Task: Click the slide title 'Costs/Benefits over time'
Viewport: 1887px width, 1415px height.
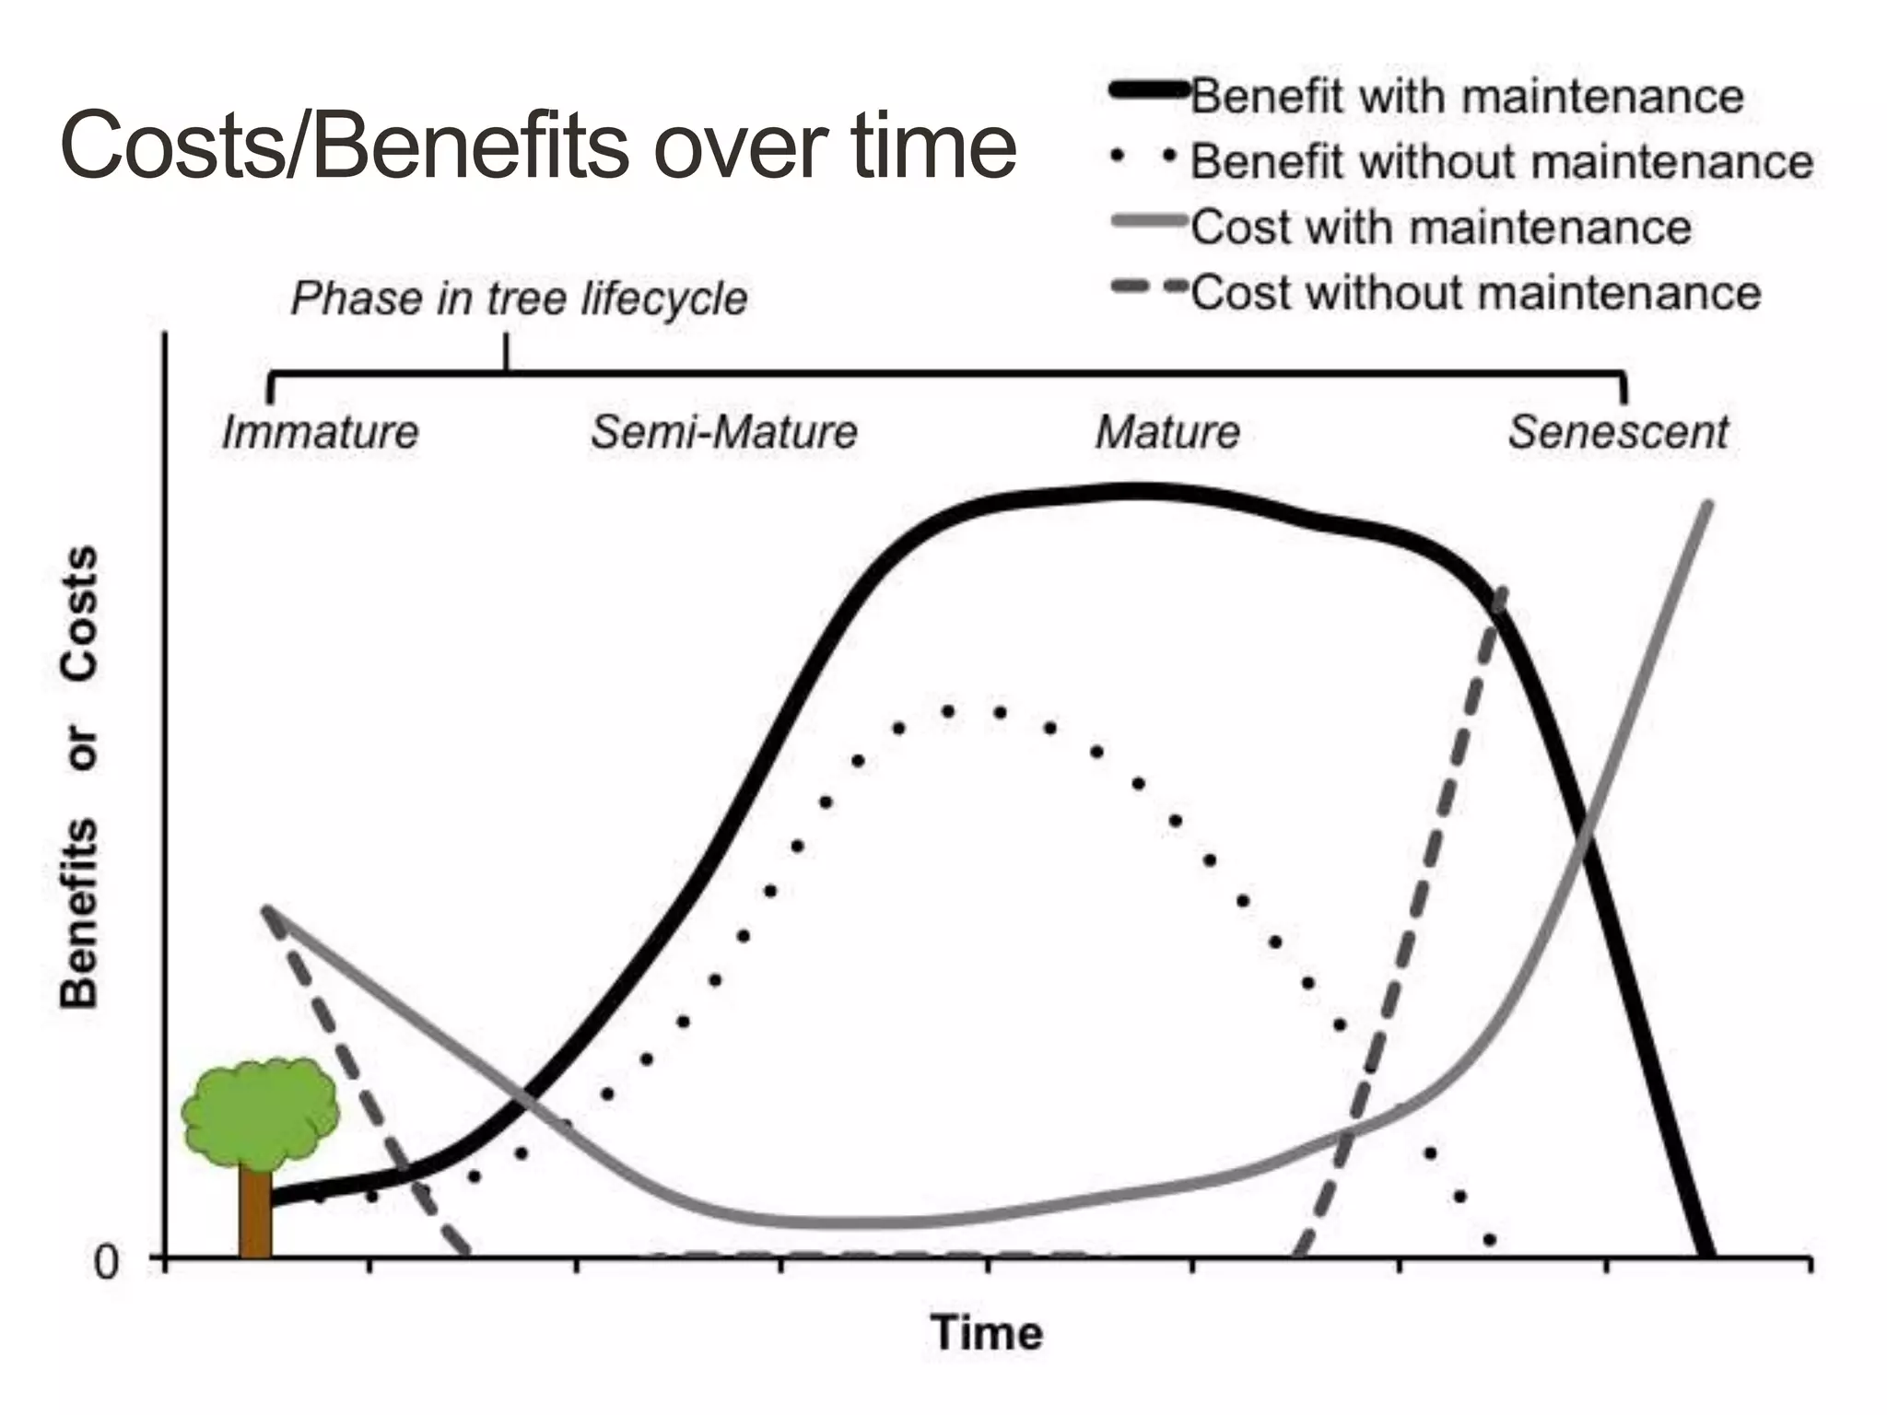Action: coord(538,146)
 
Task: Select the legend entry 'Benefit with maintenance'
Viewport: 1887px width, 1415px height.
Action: coord(1467,97)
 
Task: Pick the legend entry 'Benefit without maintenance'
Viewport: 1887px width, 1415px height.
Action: coord(1502,161)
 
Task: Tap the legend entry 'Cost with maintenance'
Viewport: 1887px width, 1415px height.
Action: coord(1441,227)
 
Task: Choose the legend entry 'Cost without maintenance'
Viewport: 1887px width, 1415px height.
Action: coord(1476,293)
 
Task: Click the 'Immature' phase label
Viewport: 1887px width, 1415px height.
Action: coord(321,432)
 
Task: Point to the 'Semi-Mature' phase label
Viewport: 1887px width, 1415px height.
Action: coord(724,432)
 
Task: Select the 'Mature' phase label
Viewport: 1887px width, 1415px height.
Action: coord(1168,432)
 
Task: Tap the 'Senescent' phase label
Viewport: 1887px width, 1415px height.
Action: coord(1618,432)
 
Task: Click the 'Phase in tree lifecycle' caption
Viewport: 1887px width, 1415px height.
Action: coord(519,298)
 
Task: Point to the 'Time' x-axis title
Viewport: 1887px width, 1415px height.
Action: coord(987,1333)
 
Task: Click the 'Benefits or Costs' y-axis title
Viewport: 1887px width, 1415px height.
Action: coord(79,776)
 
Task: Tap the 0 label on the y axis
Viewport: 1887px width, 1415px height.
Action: coord(107,1262)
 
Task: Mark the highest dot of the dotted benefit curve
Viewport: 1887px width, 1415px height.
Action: coord(949,710)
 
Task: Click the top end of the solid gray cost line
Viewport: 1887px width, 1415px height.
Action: coord(1708,504)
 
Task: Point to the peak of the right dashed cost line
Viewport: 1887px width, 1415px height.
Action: coord(1502,590)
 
